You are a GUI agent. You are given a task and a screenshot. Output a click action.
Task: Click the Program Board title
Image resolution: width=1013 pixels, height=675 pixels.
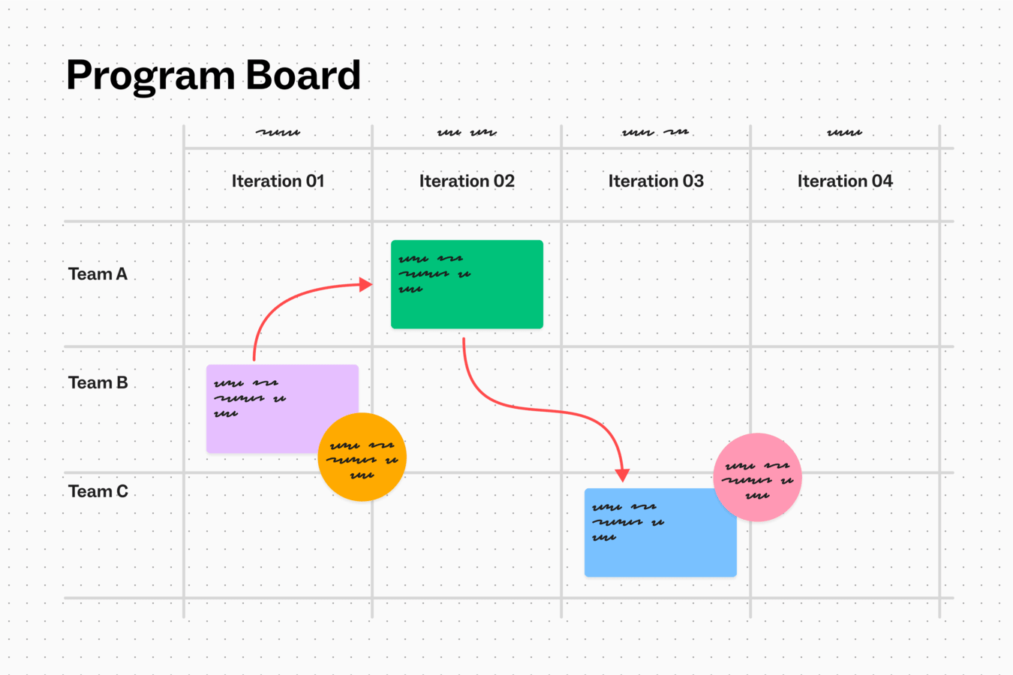(213, 76)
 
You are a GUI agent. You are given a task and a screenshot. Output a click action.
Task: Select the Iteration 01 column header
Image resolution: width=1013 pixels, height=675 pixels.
(278, 181)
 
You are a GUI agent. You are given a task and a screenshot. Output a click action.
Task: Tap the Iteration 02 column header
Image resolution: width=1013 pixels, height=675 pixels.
(467, 181)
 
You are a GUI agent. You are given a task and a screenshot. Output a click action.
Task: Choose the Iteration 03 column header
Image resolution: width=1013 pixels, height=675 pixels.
(656, 181)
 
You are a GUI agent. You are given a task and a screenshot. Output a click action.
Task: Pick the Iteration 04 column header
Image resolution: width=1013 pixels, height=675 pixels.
(845, 181)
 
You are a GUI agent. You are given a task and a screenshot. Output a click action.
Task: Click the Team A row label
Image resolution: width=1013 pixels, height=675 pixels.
(98, 274)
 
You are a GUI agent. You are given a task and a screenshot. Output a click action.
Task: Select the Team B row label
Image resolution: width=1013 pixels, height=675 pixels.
(98, 383)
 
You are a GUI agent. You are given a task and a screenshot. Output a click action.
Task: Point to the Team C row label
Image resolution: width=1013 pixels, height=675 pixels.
(98, 492)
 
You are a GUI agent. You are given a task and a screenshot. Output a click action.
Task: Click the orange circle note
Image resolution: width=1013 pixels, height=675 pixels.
(362, 457)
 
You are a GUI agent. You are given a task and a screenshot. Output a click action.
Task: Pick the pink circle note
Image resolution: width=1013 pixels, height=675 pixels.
(757, 477)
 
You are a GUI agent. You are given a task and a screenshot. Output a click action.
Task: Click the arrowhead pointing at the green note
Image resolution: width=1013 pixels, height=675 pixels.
(365, 284)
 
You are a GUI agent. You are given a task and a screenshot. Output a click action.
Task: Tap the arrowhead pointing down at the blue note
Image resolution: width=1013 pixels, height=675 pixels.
(622, 475)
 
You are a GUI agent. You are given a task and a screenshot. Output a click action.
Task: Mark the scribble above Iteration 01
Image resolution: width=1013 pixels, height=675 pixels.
(278, 133)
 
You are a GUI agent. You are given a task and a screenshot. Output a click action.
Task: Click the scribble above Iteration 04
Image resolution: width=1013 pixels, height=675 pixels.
(845, 133)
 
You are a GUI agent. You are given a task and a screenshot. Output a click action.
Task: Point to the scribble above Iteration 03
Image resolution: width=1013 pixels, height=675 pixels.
(655, 133)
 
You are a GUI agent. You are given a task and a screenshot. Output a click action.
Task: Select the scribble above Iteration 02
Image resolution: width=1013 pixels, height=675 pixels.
(467, 133)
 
